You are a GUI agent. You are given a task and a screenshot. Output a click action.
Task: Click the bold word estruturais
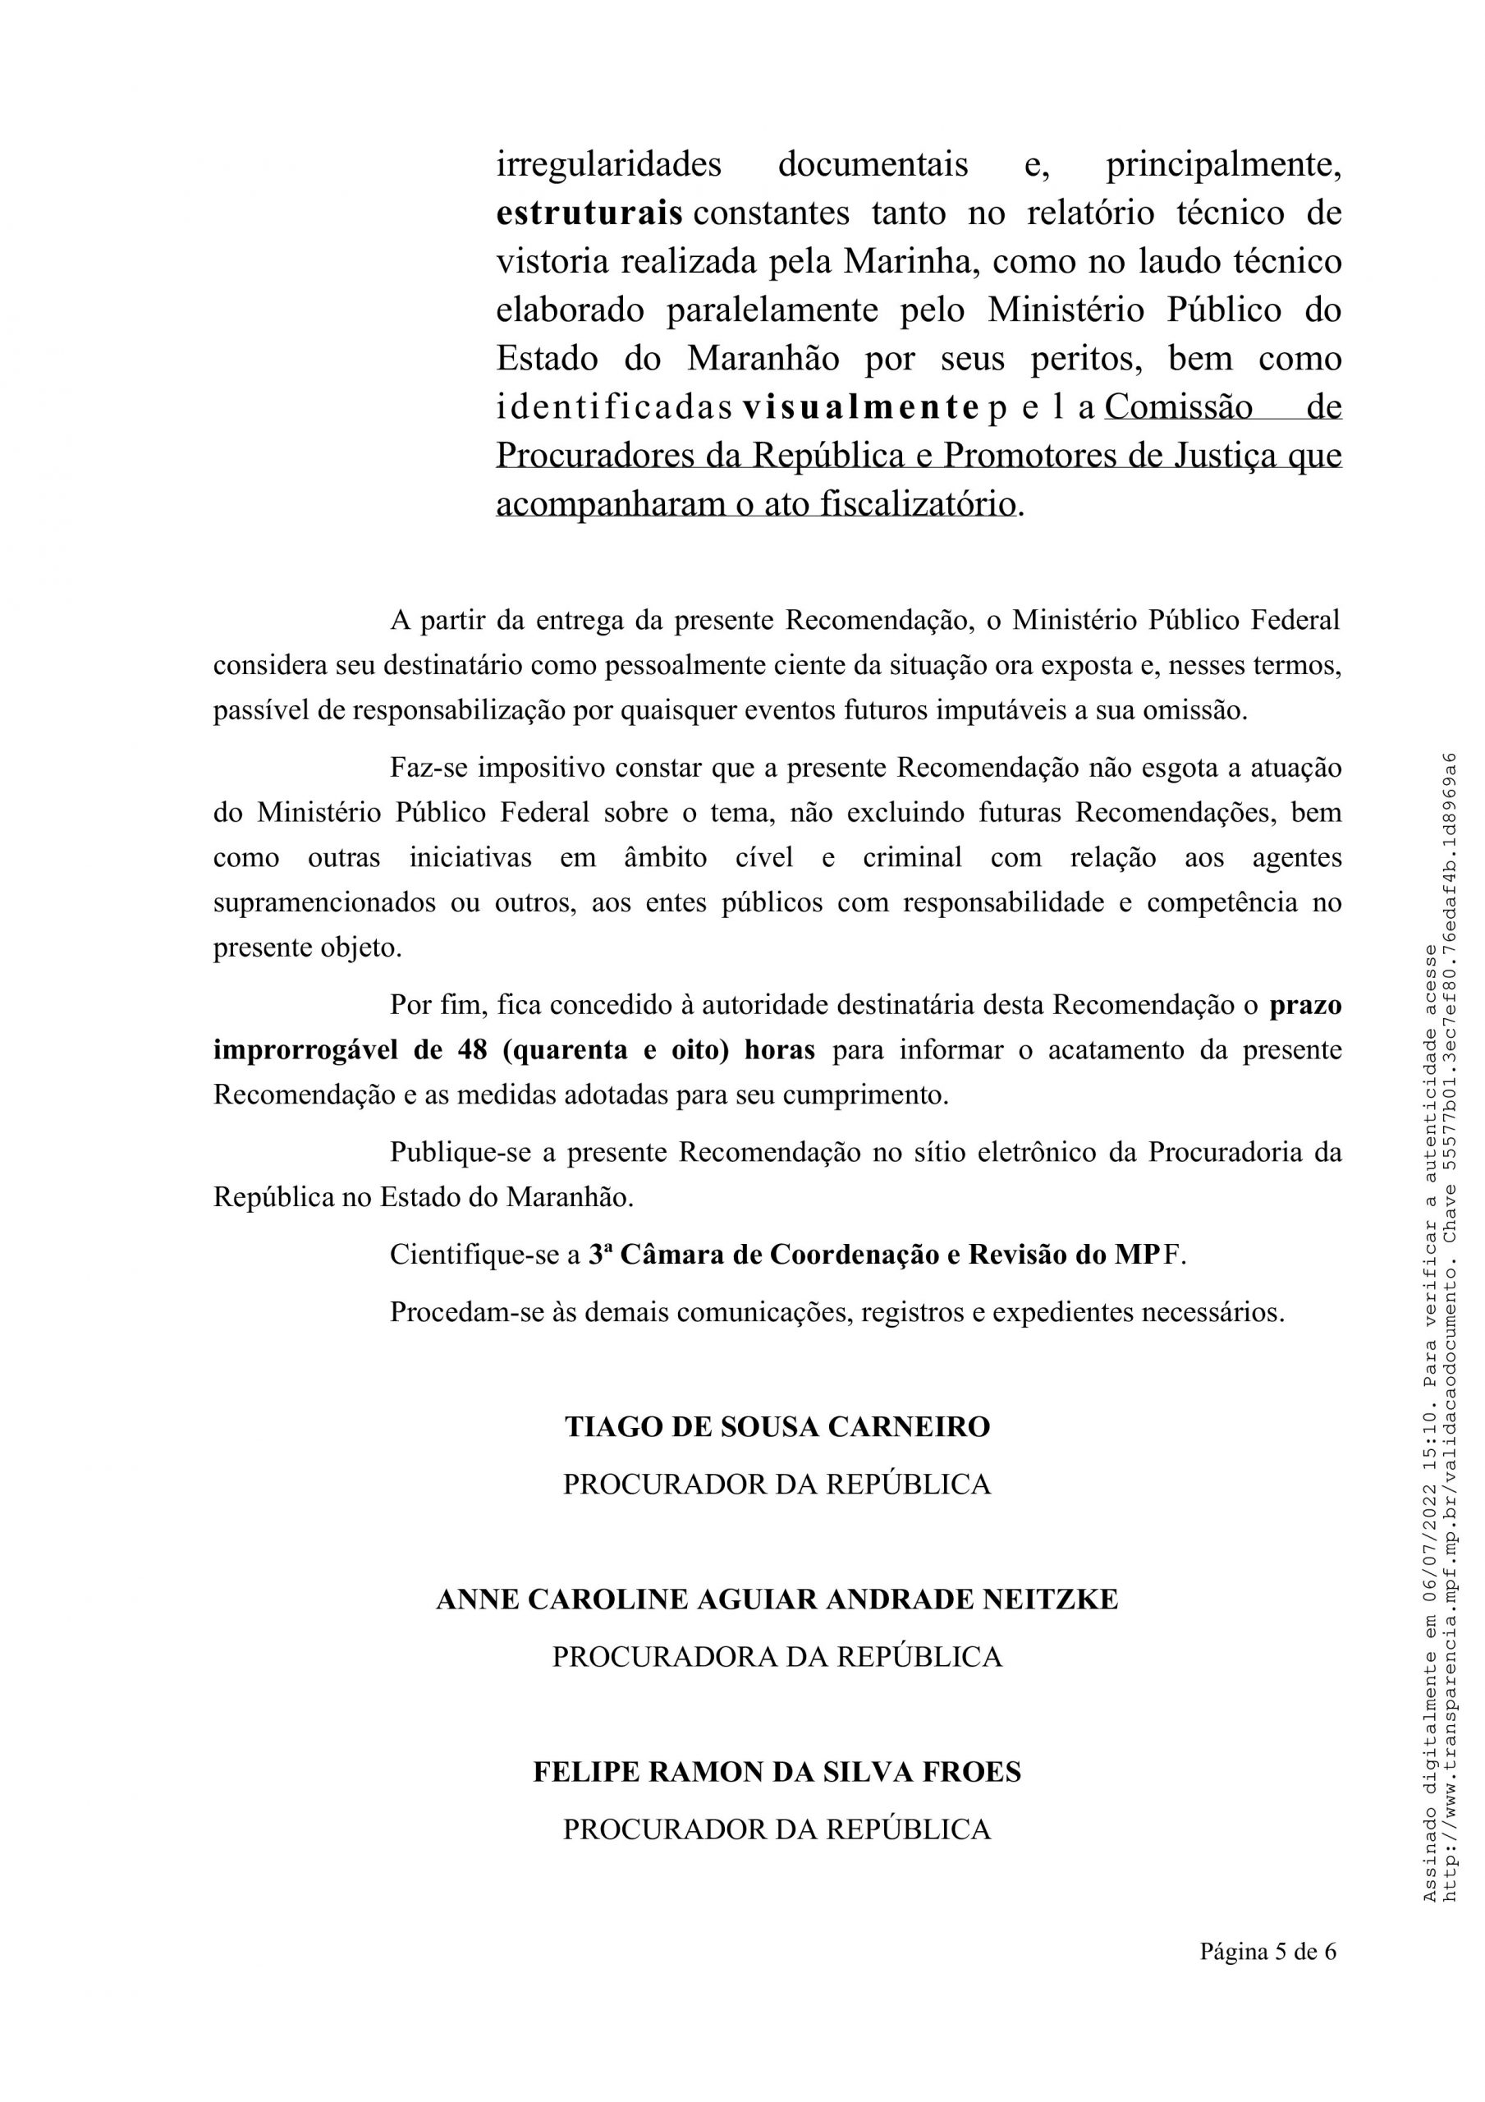click(589, 213)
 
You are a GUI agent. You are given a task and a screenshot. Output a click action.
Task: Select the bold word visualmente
click(859, 407)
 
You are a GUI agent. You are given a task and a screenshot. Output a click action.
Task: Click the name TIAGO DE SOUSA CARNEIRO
click(777, 1427)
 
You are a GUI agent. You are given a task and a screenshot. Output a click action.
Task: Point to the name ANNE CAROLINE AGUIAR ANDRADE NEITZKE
click(777, 1599)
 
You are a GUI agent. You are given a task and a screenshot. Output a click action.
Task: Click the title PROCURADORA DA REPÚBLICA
click(777, 1657)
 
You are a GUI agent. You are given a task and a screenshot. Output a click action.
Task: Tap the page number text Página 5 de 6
click(1267, 1953)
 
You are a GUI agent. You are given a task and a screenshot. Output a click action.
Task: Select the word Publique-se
click(461, 1152)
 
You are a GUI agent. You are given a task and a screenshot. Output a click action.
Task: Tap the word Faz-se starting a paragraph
click(429, 767)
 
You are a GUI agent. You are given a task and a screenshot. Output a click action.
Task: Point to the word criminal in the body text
click(912, 858)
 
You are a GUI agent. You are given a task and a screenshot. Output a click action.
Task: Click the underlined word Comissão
click(1178, 407)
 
